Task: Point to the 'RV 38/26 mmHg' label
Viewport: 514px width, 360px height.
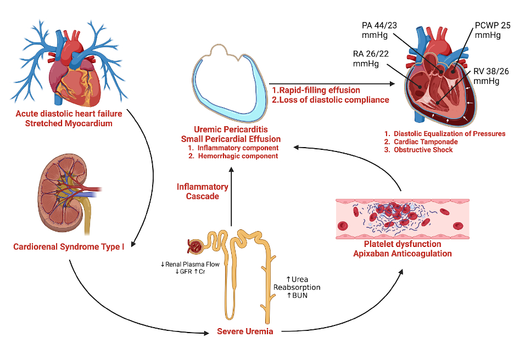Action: click(487, 76)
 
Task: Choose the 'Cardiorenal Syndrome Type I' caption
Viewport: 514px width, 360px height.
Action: click(69, 246)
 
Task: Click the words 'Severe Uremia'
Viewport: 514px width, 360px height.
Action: click(245, 332)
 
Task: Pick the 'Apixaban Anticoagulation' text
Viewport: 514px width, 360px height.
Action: click(404, 253)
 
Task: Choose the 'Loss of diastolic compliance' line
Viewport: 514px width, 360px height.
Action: click(331, 100)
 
